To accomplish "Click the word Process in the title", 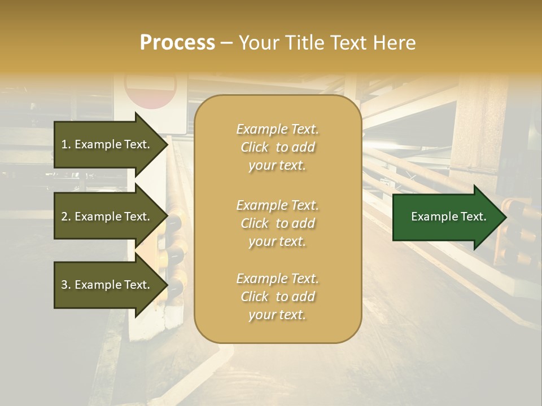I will (177, 43).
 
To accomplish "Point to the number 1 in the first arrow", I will (64, 144).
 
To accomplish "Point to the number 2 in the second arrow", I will (64, 217).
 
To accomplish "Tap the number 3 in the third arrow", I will (64, 285).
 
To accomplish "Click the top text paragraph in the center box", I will (277, 147).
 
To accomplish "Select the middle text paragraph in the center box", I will (277, 223).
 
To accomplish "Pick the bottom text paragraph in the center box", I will (277, 297).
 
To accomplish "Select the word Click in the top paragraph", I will (255, 147).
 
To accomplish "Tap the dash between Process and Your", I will (227, 43).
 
